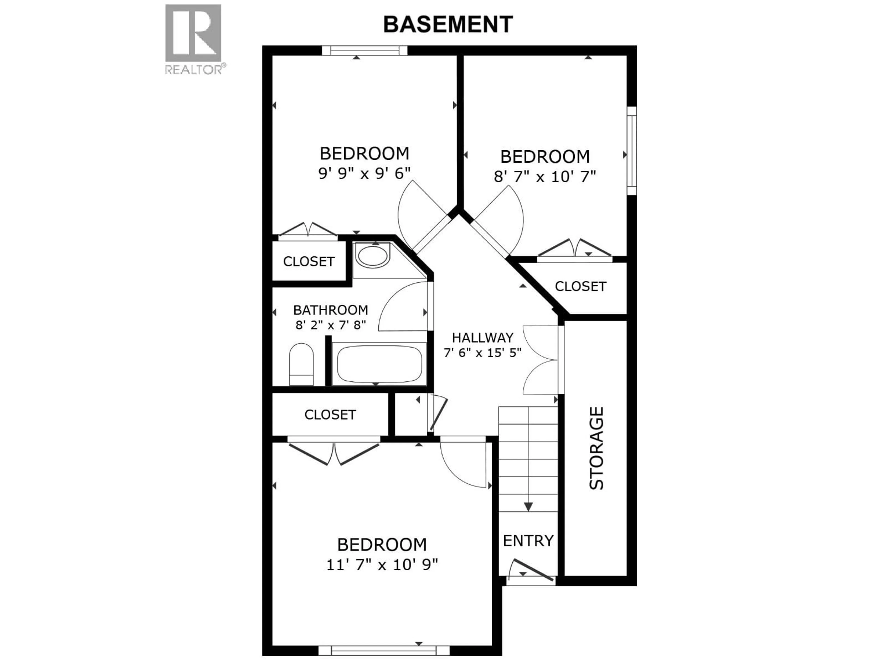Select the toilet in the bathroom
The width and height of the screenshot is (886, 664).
pos(301,364)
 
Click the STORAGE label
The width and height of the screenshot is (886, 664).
pos(596,448)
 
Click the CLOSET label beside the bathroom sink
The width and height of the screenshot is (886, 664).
pos(308,262)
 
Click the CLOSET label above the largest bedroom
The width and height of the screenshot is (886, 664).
pos(330,415)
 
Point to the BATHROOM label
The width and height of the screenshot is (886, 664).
pos(330,310)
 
